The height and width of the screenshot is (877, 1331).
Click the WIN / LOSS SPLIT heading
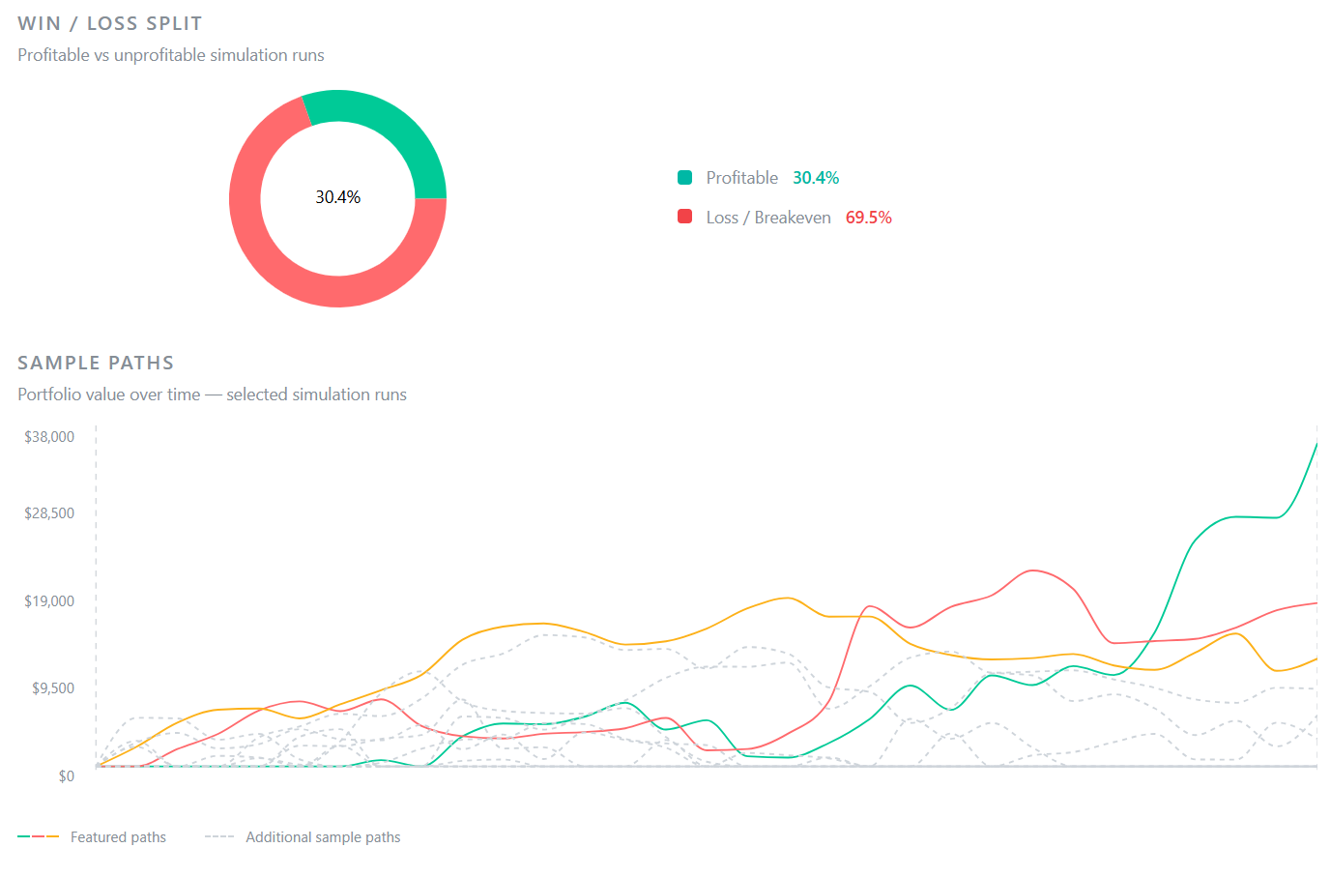tap(109, 23)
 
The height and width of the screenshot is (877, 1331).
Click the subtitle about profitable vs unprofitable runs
tap(171, 55)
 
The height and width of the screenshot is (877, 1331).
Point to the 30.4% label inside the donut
tap(337, 197)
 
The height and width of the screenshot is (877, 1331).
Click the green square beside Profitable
tap(685, 178)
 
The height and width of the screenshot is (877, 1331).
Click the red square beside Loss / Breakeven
tap(685, 217)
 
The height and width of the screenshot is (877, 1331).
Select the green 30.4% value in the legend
tap(816, 178)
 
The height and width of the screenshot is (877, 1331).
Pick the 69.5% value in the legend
tap(868, 218)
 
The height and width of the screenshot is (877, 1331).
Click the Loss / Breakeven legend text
tap(768, 218)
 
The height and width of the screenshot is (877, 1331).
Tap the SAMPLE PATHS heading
tap(96, 363)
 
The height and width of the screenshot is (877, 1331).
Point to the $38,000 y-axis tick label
tap(49, 437)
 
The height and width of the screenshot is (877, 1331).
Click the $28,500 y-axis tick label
tap(49, 513)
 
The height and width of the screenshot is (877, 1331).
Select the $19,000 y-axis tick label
tap(49, 601)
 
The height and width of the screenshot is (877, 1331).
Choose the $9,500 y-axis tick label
tap(53, 688)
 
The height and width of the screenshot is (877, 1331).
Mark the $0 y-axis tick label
tap(66, 776)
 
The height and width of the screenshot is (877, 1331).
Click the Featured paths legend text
tap(118, 837)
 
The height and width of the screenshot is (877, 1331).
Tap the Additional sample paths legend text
tap(323, 837)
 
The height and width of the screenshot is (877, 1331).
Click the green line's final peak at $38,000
tap(1317, 443)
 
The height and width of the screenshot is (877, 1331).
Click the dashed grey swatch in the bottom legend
tap(219, 837)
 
